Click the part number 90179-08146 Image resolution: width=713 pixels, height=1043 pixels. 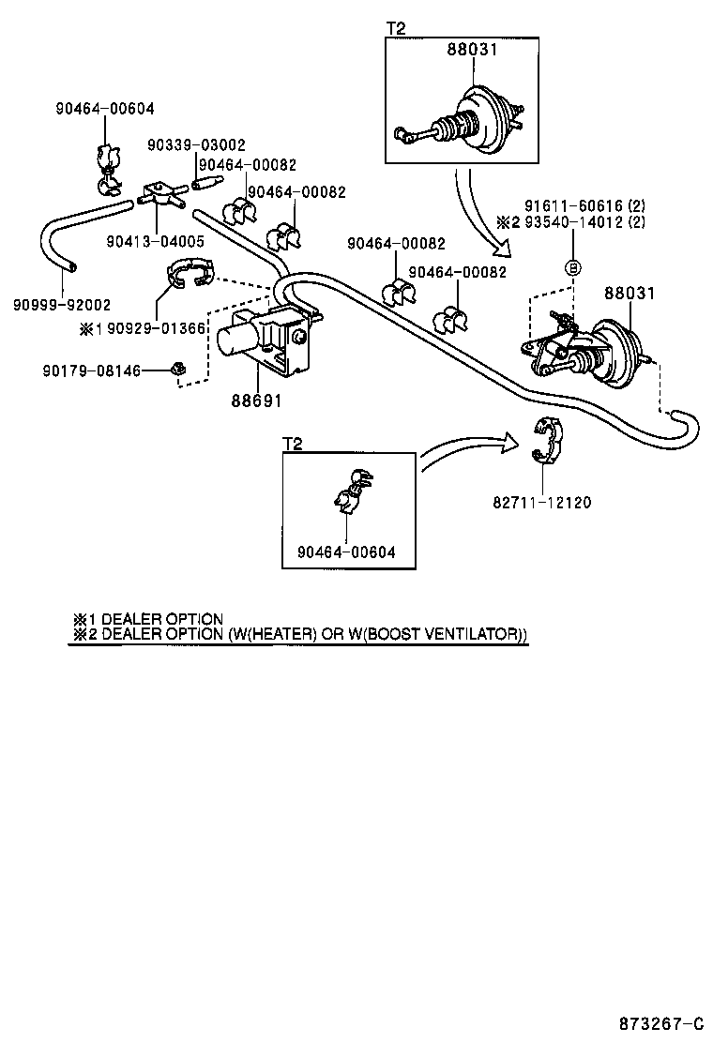(x=91, y=371)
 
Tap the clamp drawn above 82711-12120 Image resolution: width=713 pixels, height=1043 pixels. (x=545, y=441)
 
